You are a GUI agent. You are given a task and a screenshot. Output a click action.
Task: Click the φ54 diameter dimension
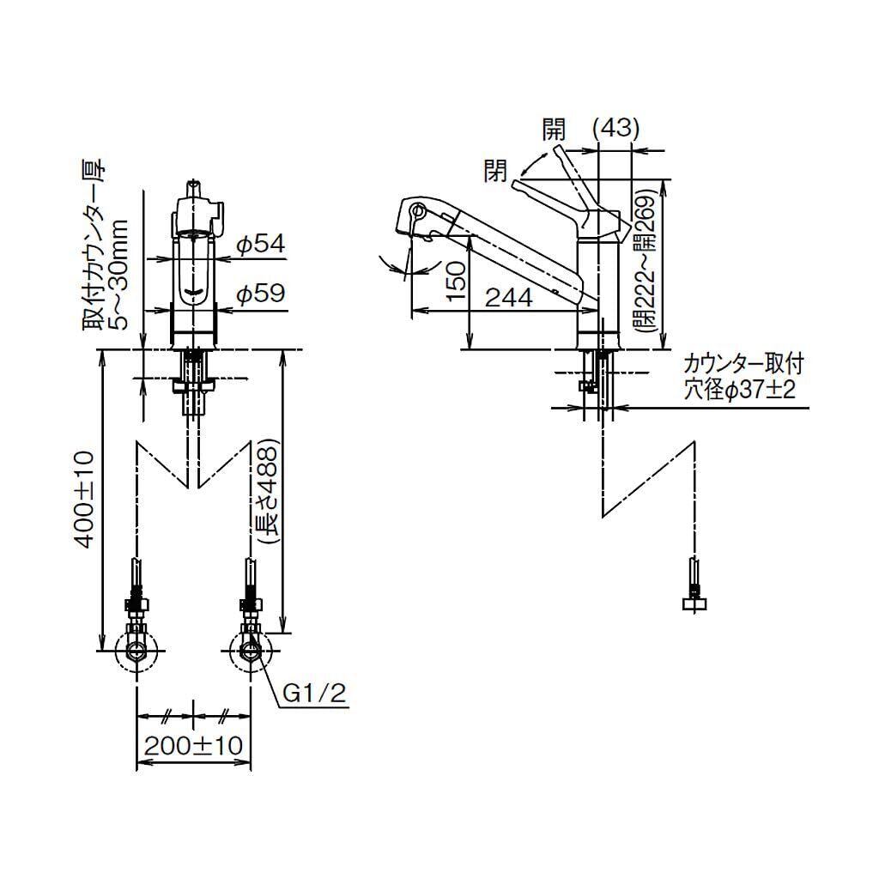(x=260, y=245)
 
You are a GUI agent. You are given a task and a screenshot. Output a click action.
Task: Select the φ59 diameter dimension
(x=260, y=294)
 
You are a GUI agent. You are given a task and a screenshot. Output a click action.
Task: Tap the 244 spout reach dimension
(x=508, y=297)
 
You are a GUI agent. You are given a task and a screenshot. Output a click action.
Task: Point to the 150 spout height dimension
(x=457, y=281)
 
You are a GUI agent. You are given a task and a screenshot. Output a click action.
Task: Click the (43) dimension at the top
(x=616, y=129)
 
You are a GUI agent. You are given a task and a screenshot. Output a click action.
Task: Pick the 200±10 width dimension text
(x=193, y=746)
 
